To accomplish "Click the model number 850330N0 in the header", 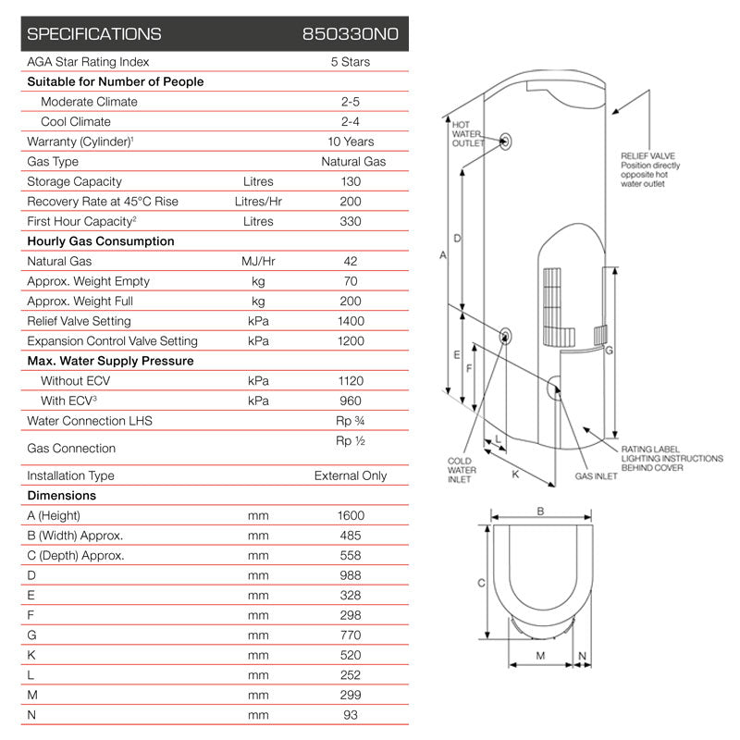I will (351, 34).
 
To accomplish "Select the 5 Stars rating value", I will (351, 62).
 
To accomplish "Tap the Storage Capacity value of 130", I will (351, 181).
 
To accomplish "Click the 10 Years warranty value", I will (351, 142).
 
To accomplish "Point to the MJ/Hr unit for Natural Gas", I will (258, 262).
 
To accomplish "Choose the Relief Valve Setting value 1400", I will (351, 321).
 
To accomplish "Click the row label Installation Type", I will (70, 475).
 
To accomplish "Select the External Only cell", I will (351, 475).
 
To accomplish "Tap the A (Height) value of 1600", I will (351, 515).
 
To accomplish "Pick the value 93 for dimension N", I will (351, 715).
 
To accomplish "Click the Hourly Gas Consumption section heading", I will (101, 241).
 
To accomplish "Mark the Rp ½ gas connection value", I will (351, 441).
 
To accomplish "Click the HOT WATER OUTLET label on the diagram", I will (467, 133).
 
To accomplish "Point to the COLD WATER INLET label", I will (461, 470).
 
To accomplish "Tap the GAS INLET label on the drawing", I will (596, 477).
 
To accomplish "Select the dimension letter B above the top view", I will (540, 511).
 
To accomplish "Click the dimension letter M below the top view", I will (540, 656).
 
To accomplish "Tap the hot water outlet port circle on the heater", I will (506, 142).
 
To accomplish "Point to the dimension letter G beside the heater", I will (609, 351).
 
